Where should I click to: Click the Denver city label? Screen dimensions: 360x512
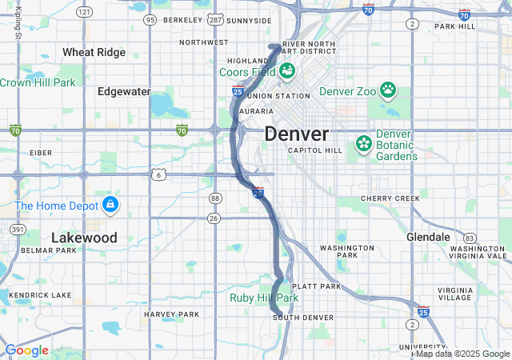point(296,134)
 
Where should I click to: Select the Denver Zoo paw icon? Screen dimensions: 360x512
point(388,90)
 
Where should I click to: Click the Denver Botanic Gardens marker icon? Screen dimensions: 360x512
point(364,143)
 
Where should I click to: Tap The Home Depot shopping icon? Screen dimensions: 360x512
point(110,206)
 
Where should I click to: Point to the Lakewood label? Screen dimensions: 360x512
point(84,238)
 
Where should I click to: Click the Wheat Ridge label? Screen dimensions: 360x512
point(94,52)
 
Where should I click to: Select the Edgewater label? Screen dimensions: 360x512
point(124,91)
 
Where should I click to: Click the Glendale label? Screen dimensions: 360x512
point(428,238)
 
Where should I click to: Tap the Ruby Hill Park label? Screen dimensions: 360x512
point(264,298)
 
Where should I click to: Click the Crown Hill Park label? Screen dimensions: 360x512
point(38,82)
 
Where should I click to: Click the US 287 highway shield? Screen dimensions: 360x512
point(214,19)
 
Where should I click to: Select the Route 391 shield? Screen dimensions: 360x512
point(16,229)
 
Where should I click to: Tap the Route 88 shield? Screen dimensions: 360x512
point(214,198)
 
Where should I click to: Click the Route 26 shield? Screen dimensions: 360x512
point(214,218)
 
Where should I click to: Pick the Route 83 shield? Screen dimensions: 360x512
point(470,238)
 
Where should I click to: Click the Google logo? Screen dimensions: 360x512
point(26,350)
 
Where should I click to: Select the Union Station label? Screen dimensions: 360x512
point(280,97)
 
